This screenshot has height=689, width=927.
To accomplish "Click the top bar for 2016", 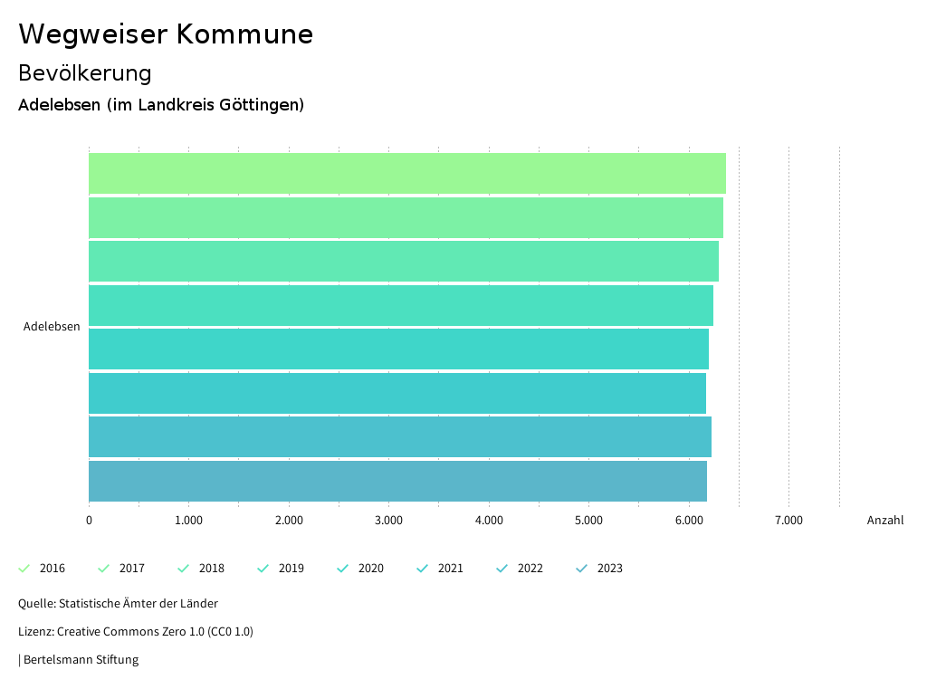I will click(x=406, y=173).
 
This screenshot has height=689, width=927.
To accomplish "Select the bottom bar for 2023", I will click(x=397, y=481).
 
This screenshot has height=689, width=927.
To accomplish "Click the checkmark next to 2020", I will click(x=343, y=569).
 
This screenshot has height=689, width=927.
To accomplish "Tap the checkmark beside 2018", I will click(x=184, y=569).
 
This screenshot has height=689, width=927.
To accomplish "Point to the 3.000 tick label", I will click(x=388, y=521).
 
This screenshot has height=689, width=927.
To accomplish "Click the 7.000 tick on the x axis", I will click(x=788, y=521).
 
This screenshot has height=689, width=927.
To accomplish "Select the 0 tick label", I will click(x=89, y=521).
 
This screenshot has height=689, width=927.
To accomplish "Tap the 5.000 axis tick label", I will click(x=588, y=521).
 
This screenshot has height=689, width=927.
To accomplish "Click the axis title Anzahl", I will click(x=885, y=521).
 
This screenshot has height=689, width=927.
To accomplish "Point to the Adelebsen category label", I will click(x=52, y=327).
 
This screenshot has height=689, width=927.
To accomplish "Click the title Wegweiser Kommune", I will click(x=166, y=34).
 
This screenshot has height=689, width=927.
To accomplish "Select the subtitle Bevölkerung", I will click(x=85, y=72).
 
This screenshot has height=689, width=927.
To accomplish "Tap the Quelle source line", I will click(x=118, y=603).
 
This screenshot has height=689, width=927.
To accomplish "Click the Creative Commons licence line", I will click(x=136, y=631).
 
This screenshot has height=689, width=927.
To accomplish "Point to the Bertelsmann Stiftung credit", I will click(x=79, y=659).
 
